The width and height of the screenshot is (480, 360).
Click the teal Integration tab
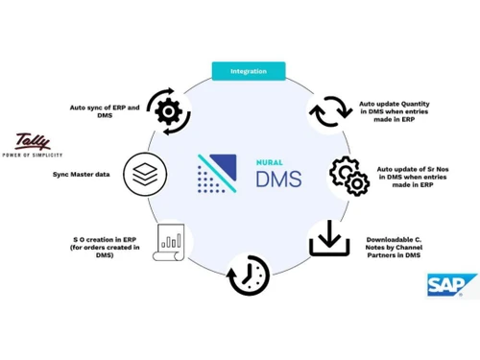(x=248, y=71)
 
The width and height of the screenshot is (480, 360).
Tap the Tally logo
(x=37, y=142)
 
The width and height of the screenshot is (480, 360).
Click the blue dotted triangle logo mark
(x=216, y=173)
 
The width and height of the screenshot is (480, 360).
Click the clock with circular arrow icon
(x=245, y=279)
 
